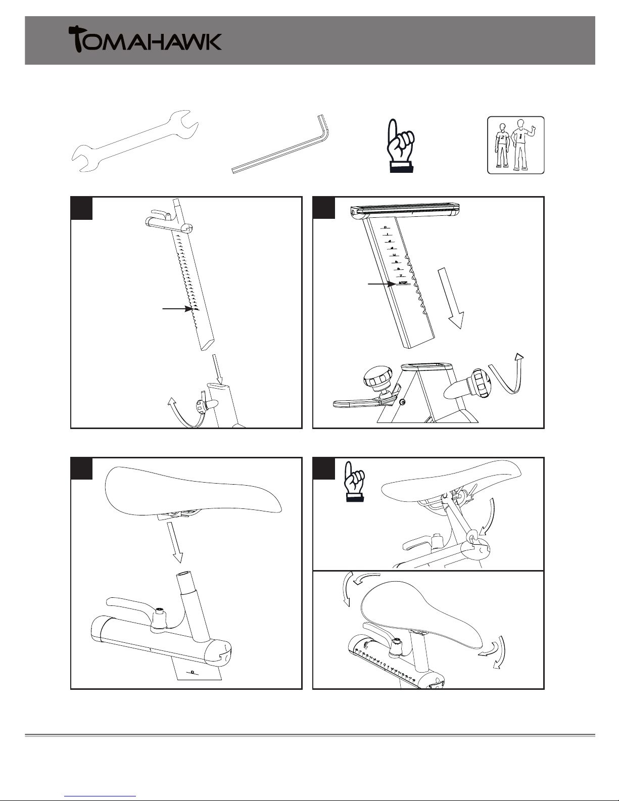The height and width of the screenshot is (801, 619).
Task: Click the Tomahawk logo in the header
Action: pos(145,39)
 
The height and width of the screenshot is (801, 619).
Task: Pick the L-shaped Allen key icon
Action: pos(281,146)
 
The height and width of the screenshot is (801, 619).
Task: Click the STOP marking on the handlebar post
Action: pos(403,283)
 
